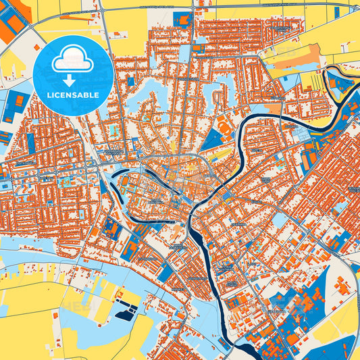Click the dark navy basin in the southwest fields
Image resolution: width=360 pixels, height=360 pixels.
[126, 313]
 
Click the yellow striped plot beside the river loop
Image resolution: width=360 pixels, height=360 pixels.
[312, 82]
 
